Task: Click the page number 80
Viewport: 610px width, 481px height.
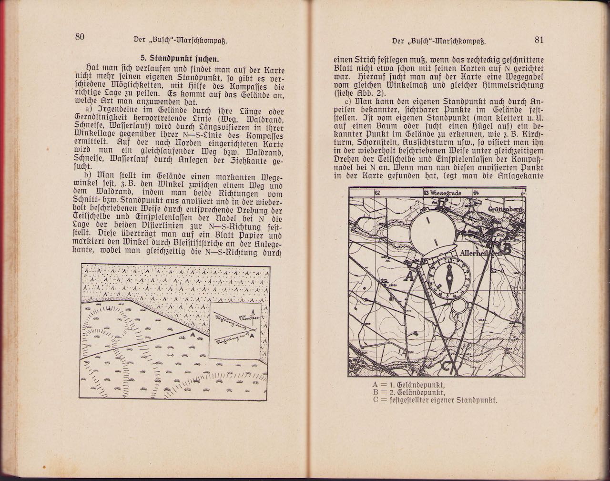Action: (80, 38)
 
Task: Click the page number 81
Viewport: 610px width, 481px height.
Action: (539, 40)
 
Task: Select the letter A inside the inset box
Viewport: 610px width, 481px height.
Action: (252, 335)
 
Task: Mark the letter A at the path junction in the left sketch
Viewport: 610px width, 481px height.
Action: (192, 335)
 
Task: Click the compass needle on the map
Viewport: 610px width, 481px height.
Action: (449, 279)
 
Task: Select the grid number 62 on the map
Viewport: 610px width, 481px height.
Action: (378, 193)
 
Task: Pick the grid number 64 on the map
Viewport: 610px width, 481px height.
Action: (475, 193)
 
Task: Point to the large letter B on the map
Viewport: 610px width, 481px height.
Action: (507, 248)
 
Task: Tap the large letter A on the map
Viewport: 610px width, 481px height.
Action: (408, 276)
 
